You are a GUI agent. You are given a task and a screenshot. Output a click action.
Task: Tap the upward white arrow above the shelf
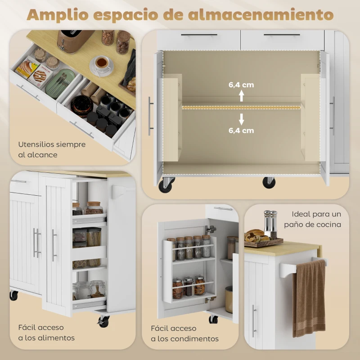(x=241, y=95)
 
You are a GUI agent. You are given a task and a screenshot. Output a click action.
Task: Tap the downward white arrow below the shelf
(x=241, y=119)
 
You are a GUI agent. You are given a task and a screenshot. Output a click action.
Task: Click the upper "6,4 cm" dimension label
(x=241, y=84)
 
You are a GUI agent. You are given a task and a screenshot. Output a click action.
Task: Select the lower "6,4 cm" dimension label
(x=241, y=130)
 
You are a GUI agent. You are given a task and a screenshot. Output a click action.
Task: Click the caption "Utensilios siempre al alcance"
(x=52, y=149)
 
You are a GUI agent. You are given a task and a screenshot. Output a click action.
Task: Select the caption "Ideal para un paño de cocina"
(x=316, y=219)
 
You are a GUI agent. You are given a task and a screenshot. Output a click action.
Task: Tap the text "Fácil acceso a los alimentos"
(x=47, y=333)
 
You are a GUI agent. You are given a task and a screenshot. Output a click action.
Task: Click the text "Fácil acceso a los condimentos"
(x=184, y=333)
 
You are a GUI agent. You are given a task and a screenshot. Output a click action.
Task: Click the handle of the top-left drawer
(x=199, y=35)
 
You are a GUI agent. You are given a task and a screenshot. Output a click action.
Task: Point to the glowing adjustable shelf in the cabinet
(x=241, y=107)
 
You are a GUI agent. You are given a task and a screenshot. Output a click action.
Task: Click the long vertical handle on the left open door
(x=150, y=116)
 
